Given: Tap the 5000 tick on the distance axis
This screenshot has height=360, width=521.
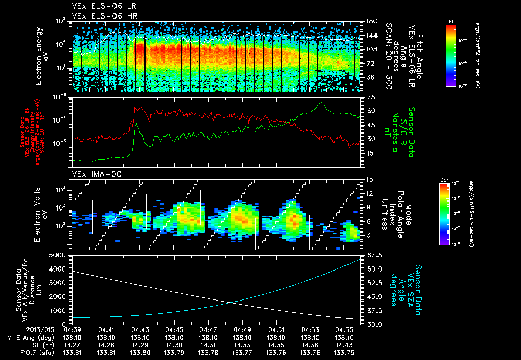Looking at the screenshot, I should [60, 255].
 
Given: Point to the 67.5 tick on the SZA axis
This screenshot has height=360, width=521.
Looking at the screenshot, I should [372, 255].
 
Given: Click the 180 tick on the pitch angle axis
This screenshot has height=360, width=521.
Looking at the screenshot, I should [371, 21].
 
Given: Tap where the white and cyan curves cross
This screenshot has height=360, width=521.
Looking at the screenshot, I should [232, 303].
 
